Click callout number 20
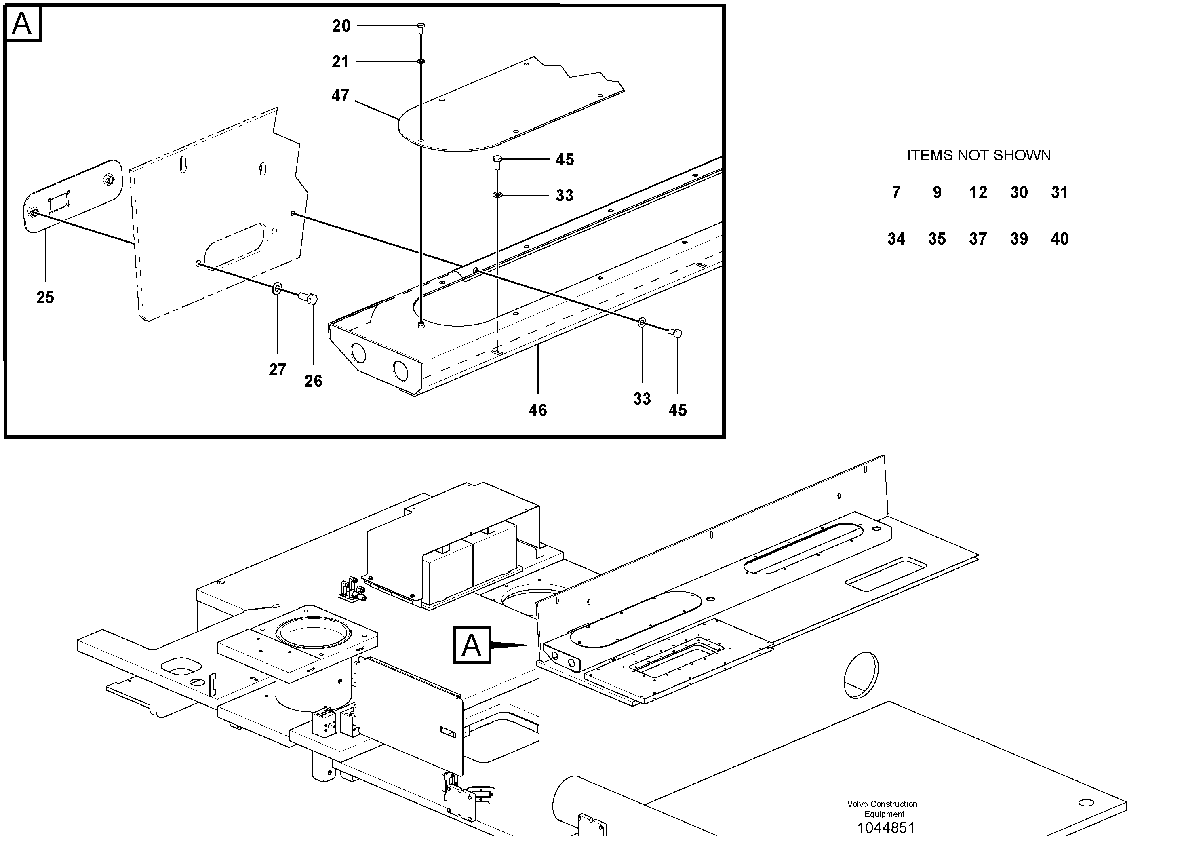pos(341,26)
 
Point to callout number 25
pos(45,297)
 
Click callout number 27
pos(277,370)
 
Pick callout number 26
pos(313,381)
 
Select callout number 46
pos(537,410)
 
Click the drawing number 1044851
pos(885,828)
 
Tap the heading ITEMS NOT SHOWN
pos(978,155)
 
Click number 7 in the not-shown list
pos(896,192)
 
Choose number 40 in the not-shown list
pos(1060,239)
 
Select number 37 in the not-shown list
pos(978,239)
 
